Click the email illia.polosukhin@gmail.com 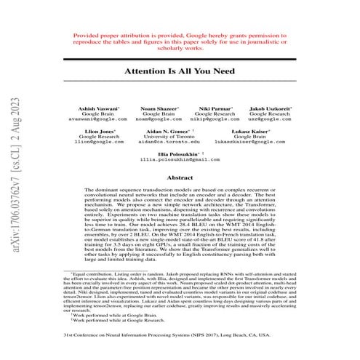[x=179, y=160]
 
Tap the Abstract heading [x=180, y=177]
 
